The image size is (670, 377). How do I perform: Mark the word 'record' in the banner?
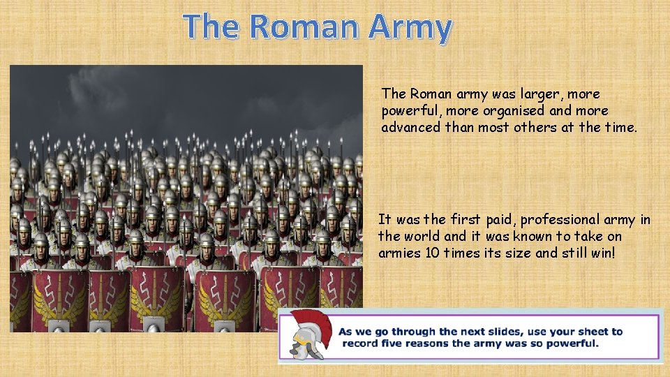(x=359, y=343)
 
